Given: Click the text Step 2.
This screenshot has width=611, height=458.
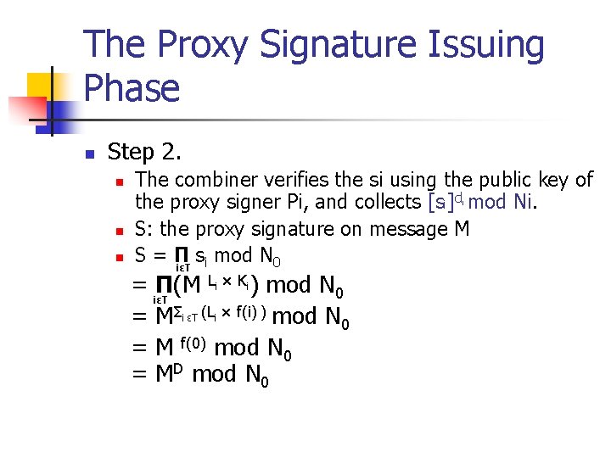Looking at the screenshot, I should (x=144, y=153).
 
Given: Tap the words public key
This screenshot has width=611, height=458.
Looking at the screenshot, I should (x=528, y=180).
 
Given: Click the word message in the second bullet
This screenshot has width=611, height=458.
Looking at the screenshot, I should (x=405, y=229).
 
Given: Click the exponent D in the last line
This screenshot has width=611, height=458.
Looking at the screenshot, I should (x=181, y=367).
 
